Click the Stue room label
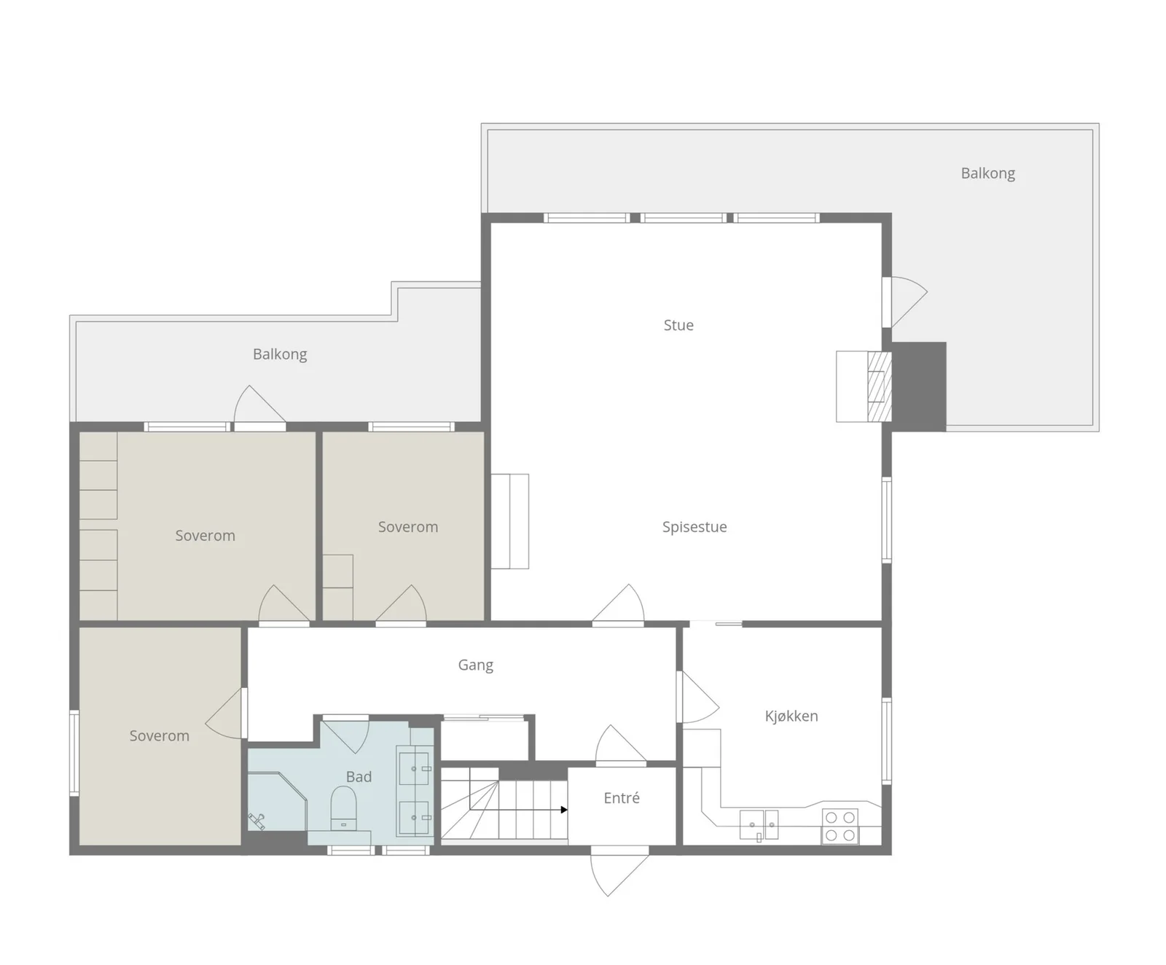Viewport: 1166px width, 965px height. click(678, 325)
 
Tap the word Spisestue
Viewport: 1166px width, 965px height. click(694, 527)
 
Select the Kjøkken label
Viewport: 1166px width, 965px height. click(791, 716)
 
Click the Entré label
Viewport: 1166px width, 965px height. click(622, 798)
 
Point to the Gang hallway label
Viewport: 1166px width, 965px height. click(475, 665)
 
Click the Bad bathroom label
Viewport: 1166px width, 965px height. click(359, 777)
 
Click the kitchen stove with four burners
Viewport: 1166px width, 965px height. click(840, 827)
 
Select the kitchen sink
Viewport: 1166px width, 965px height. click(759, 825)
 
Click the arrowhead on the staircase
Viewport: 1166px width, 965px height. click(564, 810)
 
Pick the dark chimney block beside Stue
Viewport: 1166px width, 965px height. click(919, 386)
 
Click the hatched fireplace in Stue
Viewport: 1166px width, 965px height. click(880, 386)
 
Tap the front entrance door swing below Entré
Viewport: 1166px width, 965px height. click(619, 871)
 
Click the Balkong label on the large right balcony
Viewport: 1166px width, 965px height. click(987, 173)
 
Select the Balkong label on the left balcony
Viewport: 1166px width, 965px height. click(280, 354)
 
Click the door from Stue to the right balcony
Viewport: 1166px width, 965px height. click(905, 302)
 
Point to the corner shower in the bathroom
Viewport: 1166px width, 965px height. click(277, 801)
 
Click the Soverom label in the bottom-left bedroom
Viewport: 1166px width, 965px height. click(159, 736)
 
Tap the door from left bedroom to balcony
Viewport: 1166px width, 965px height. click(259, 407)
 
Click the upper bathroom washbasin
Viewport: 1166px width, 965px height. click(414, 765)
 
